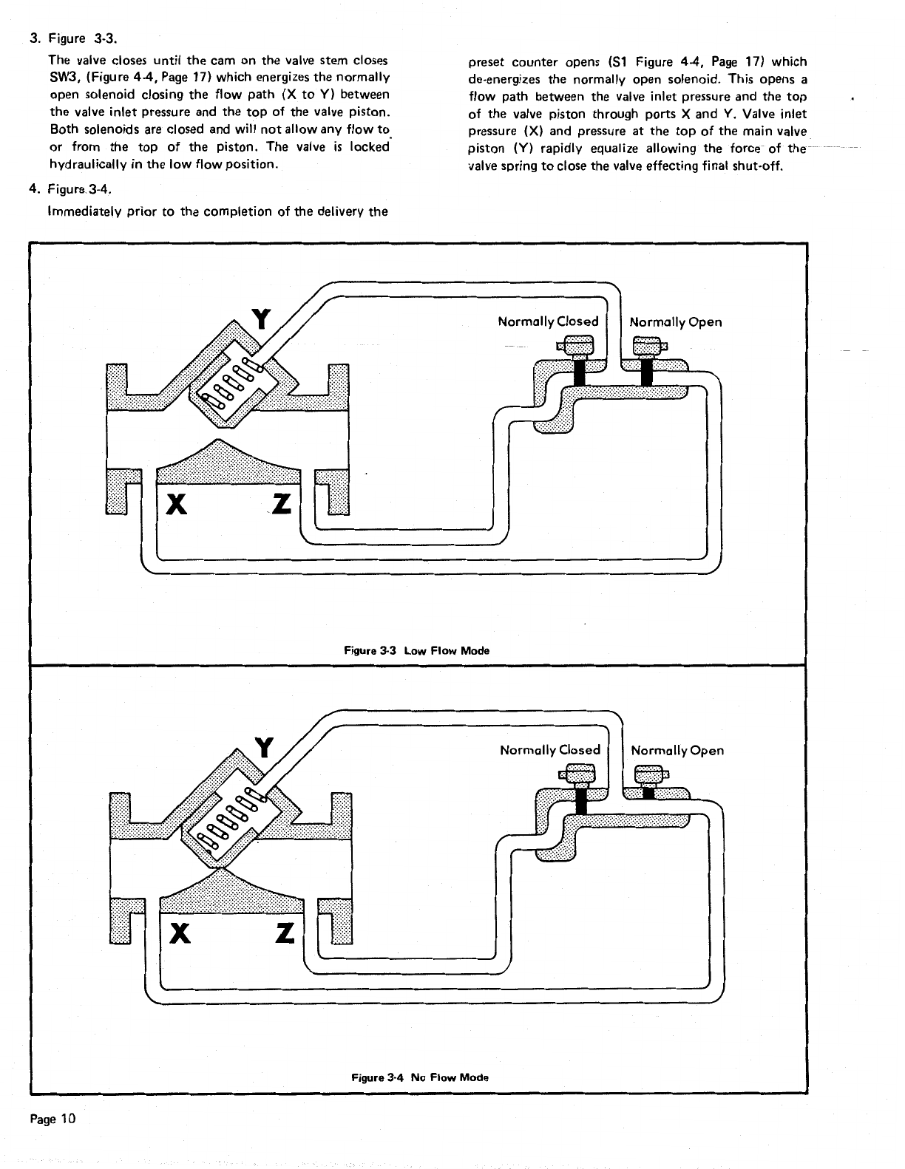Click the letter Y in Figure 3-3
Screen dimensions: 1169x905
(260, 319)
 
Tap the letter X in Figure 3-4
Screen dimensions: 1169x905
(179, 934)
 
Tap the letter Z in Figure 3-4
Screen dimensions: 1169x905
(285, 934)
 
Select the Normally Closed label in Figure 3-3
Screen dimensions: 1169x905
(548, 321)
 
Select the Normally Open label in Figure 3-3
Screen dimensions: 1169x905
(675, 322)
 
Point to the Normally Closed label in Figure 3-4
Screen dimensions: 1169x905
(550, 750)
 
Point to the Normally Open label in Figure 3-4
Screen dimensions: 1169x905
(677, 751)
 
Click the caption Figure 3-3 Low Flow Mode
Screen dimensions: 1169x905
(417, 651)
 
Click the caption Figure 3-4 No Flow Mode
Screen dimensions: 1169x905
(419, 1077)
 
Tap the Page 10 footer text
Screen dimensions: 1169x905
(52, 1118)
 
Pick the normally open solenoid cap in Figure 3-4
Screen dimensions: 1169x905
(648, 774)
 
